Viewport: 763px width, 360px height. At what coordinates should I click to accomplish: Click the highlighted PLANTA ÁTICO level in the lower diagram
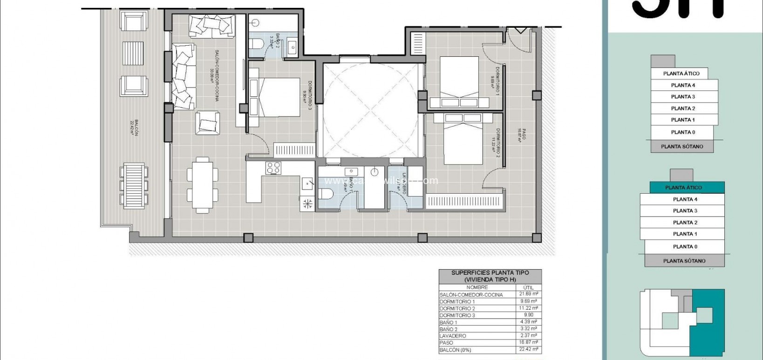pos(683,188)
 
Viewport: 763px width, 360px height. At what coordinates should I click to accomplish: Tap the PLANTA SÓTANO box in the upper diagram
pos(682,146)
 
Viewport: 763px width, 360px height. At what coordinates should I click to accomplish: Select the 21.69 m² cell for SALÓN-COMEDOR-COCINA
pos(528,294)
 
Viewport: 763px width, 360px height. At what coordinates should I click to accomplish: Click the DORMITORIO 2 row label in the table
pos(457,308)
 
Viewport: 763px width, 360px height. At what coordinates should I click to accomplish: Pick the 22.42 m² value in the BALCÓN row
pos(528,349)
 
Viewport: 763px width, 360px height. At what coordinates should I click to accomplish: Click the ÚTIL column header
pos(528,287)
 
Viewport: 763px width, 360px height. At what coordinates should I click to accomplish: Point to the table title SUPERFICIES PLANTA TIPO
pos(490,273)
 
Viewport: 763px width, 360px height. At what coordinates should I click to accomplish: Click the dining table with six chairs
pos(202,185)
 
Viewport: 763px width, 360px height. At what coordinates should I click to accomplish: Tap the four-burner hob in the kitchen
pos(273,168)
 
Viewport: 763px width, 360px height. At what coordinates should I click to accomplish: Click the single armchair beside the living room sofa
pos(207,124)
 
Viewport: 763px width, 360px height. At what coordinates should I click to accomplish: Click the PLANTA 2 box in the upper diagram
pos(683,108)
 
